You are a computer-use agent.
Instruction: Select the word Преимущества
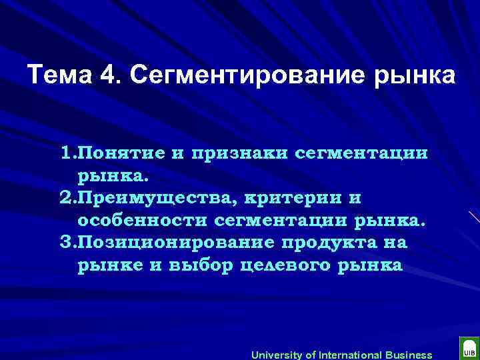point(141,198)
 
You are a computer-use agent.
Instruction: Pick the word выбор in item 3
point(189,265)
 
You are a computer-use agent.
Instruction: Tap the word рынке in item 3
point(107,265)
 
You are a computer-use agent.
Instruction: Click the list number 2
point(65,198)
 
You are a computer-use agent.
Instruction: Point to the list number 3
point(65,243)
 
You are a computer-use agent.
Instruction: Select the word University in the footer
point(276,355)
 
